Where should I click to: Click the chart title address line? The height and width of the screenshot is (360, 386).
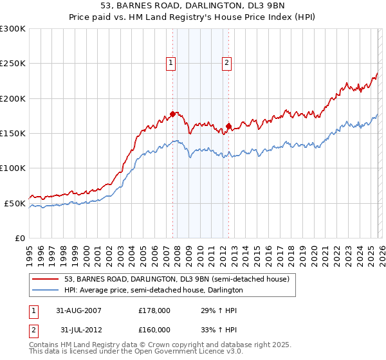point(193,6)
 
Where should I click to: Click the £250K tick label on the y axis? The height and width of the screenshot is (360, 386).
point(13,64)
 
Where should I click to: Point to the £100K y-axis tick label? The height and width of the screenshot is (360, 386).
point(13,168)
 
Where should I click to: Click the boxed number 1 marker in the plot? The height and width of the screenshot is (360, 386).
point(171,62)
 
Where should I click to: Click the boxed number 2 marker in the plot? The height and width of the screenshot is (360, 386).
point(228,62)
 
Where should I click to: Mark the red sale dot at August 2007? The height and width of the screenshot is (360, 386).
point(173,114)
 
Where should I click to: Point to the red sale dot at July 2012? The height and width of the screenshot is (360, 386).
point(229,127)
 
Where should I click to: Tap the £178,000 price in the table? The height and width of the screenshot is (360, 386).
point(154,310)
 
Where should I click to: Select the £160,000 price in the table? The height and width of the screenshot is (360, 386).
point(154,331)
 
